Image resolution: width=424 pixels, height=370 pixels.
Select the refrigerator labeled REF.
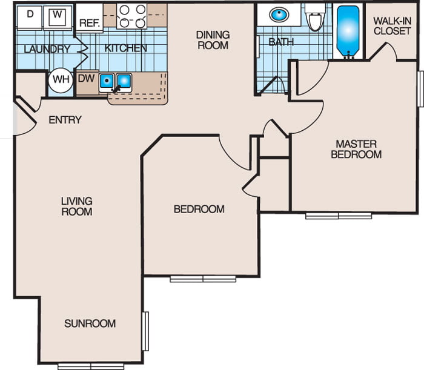click(x=90, y=18)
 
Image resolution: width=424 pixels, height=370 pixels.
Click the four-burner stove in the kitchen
click(x=132, y=16)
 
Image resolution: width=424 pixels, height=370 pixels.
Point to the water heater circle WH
click(x=61, y=81)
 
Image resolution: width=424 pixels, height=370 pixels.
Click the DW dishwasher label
click(x=86, y=78)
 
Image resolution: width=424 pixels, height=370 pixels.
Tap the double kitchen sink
click(x=116, y=82)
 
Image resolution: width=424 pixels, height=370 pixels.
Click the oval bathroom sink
click(x=279, y=15)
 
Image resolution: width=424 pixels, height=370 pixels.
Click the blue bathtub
click(x=348, y=30)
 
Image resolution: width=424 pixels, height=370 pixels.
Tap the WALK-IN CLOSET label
click(x=393, y=26)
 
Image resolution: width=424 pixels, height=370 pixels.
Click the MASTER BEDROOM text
click(x=356, y=149)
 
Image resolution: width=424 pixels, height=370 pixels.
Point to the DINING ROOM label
click(x=213, y=40)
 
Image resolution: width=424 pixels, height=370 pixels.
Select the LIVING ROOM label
click(x=77, y=206)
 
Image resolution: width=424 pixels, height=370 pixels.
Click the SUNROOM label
click(x=90, y=323)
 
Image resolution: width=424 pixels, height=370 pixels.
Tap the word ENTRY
click(x=65, y=120)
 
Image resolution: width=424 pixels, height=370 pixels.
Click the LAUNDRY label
click(x=47, y=49)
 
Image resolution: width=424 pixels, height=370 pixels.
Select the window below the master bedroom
click(x=339, y=216)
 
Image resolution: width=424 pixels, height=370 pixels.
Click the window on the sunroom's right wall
click(x=145, y=331)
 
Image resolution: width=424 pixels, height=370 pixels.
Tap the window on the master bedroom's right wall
click(x=420, y=88)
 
